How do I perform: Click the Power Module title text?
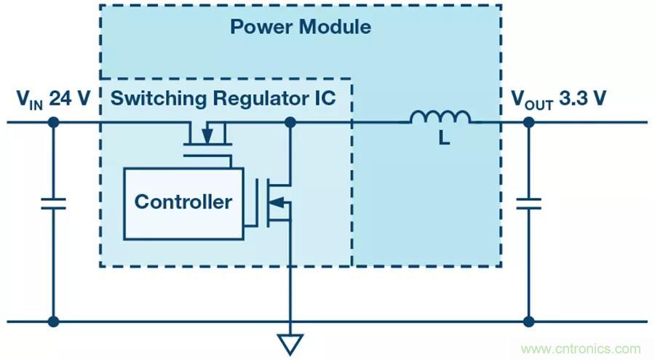[300, 28]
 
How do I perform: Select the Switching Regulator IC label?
[223, 98]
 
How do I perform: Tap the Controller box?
[183, 203]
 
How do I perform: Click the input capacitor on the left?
[53, 202]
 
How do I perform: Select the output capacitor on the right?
[529, 202]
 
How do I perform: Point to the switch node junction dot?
[290, 122]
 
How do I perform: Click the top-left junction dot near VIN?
[53, 122]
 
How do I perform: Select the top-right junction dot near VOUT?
[529, 122]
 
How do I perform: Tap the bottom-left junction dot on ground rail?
[53, 321]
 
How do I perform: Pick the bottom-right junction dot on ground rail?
[529, 321]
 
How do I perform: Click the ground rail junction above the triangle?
[290, 321]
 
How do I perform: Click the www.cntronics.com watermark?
[581, 348]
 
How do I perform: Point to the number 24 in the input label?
[62, 98]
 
